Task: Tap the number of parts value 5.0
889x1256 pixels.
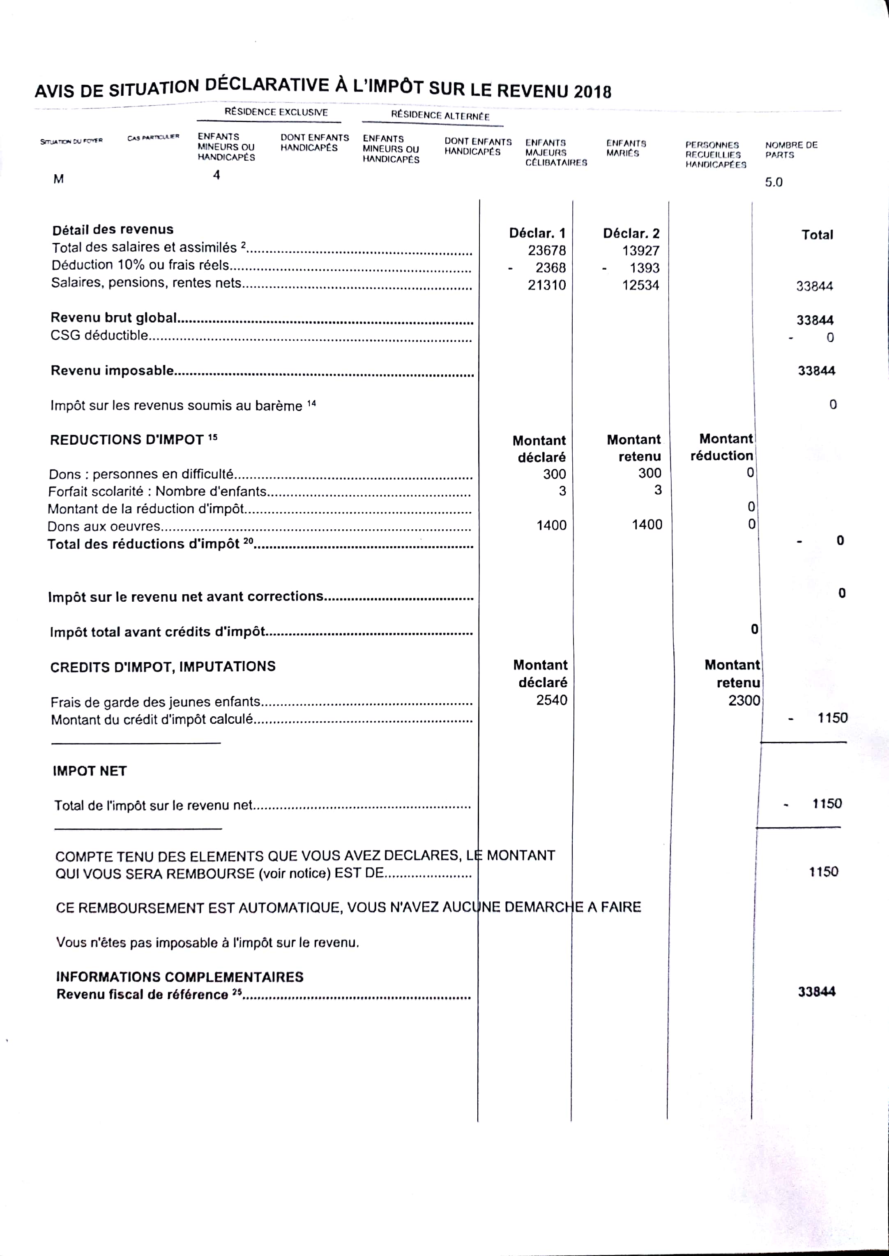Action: pyautogui.click(x=774, y=182)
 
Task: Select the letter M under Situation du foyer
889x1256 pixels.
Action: pyautogui.click(x=59, y=179)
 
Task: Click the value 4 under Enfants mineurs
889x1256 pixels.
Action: pyautogui.click(x=217, y=175)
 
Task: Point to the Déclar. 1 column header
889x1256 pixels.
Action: pyautogui.click(x=537, y=233)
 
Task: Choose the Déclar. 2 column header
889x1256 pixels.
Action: pyautogui.click(x=631, y=234)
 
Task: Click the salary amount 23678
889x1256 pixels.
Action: pyautogui.click(x=547, y=251)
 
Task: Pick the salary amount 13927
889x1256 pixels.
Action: pyautogui.click(x=640, y=251)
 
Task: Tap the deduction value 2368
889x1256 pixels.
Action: pyautogui.click(x=550, y=268)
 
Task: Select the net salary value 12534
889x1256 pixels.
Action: pyautogui.click(x=640, y=285)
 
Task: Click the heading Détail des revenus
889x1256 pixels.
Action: pyautogui.click(x=113, y=229)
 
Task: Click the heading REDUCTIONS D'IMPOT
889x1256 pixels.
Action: pyautogui.click(x=127, y=440)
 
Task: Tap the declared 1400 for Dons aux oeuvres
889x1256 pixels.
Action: pyautogui.click(x=551, y=526)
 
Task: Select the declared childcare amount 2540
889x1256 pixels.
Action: pyautogui.click(x=551, y=700)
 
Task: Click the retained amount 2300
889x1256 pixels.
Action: pyautogui.click(x=744, y=701)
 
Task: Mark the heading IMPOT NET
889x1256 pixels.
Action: pyautogui.click(x=90, y=771)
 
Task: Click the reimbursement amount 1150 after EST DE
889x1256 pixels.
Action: pyautogui.click(x=823, y=872)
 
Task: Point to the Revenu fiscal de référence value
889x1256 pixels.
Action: pyautogui.click(x=816, y=992)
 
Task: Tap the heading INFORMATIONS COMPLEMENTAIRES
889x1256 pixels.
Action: pyautogui.click(x=180, y=977)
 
